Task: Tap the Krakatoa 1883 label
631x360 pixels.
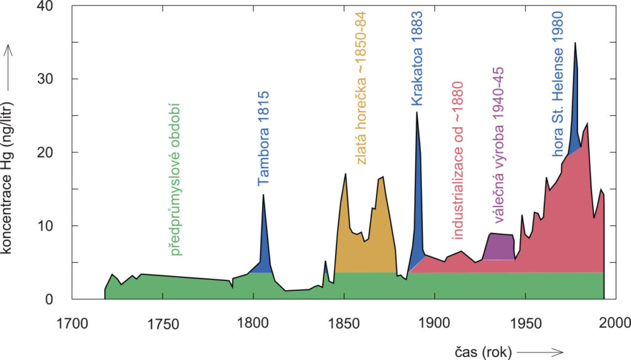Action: pos(417,59)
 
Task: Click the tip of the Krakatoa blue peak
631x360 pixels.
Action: pos(417,112)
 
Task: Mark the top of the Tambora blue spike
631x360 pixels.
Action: pos(263,195)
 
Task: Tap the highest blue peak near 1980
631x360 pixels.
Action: pos(576,43)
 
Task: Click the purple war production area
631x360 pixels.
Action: pos(499,247)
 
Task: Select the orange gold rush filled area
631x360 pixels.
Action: pos(364,247)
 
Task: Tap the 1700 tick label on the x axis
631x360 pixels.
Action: pos(71,322)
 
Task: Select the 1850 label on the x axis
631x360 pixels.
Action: pos(344,322)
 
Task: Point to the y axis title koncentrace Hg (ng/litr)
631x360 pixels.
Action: pos(10,179)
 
